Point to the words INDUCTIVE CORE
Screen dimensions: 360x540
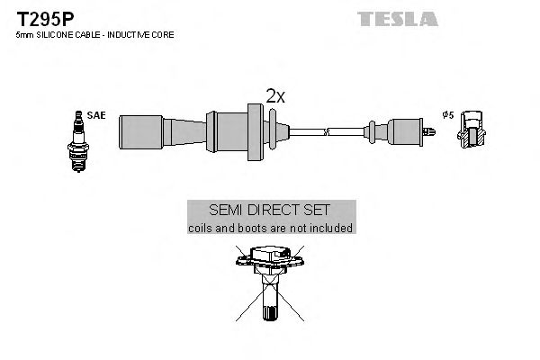click(x=143, y=34)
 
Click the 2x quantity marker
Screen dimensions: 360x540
click(x=274, y=96)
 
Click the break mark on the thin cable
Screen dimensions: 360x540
click(x=328, y=130)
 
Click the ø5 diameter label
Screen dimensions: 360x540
click(x=447, y=116)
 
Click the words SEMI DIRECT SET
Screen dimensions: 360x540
click(x=271, y=209)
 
